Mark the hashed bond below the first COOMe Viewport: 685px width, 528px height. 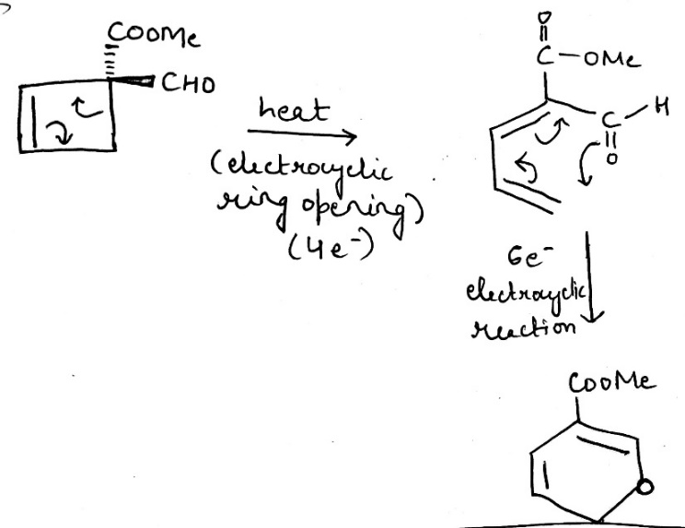coord(112,62)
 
